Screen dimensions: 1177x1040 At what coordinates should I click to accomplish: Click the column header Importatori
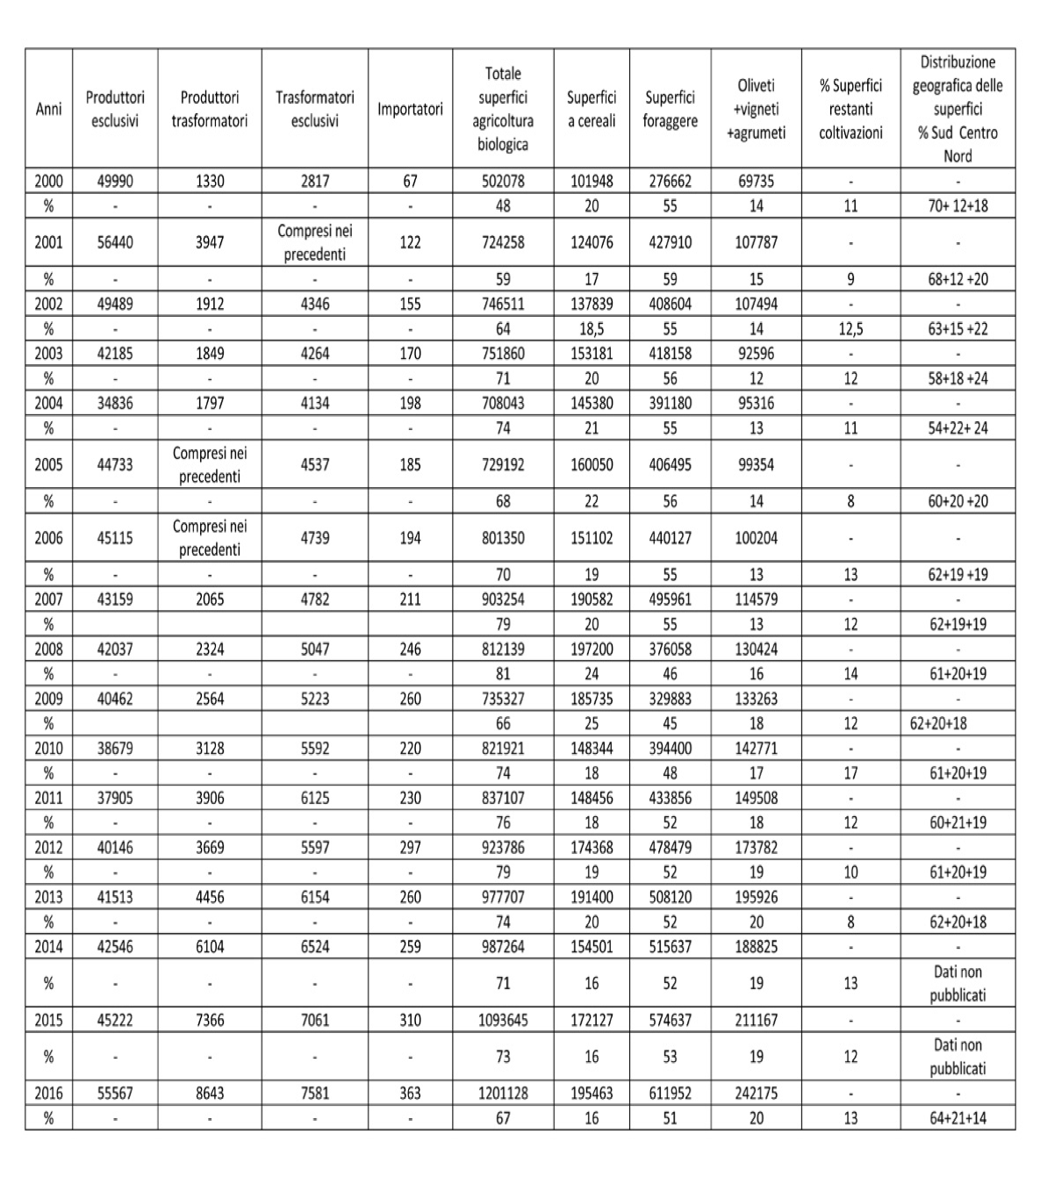(x=410, y=110)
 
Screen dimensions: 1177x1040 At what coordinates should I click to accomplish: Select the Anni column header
(x=48, y=110)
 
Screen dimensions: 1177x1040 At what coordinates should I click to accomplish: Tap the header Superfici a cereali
(x=592, y=110)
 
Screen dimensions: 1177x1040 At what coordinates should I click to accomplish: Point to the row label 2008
(x=48, y=650)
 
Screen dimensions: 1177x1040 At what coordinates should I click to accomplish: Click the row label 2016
(x=48, y=1094)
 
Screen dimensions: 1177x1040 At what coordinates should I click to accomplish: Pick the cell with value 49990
(x=115, y=182)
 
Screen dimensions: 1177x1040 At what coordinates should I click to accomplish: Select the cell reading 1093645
(x=503, y=1021)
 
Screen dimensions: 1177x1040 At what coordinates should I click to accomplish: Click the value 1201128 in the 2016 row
(x=503, y=1094)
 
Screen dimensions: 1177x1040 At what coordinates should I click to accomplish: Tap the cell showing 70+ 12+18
(x=958, y=206)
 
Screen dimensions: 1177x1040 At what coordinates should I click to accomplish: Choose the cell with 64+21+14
(x=958, y=1118)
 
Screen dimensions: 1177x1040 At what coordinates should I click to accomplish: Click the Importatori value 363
(x=410, y=1094)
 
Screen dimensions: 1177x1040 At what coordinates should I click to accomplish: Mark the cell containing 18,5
(x=592, y=329)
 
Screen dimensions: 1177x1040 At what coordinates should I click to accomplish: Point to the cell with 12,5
(x=850, y=329)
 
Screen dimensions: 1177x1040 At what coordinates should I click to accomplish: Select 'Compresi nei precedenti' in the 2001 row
(x=314, y=242)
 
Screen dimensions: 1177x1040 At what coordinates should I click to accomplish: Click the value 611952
(x=670, y=1094)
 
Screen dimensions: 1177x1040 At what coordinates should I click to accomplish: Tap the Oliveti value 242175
(x=756, y=1094)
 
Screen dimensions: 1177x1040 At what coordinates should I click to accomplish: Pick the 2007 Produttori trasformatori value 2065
(x=210, y=599)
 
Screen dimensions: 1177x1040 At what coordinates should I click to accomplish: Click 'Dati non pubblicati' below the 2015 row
(x=958, y=1057)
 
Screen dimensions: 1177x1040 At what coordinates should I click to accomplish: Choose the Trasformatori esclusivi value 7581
(x=314, y=1094)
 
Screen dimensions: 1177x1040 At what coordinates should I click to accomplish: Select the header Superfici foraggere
(x=670, y=110)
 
